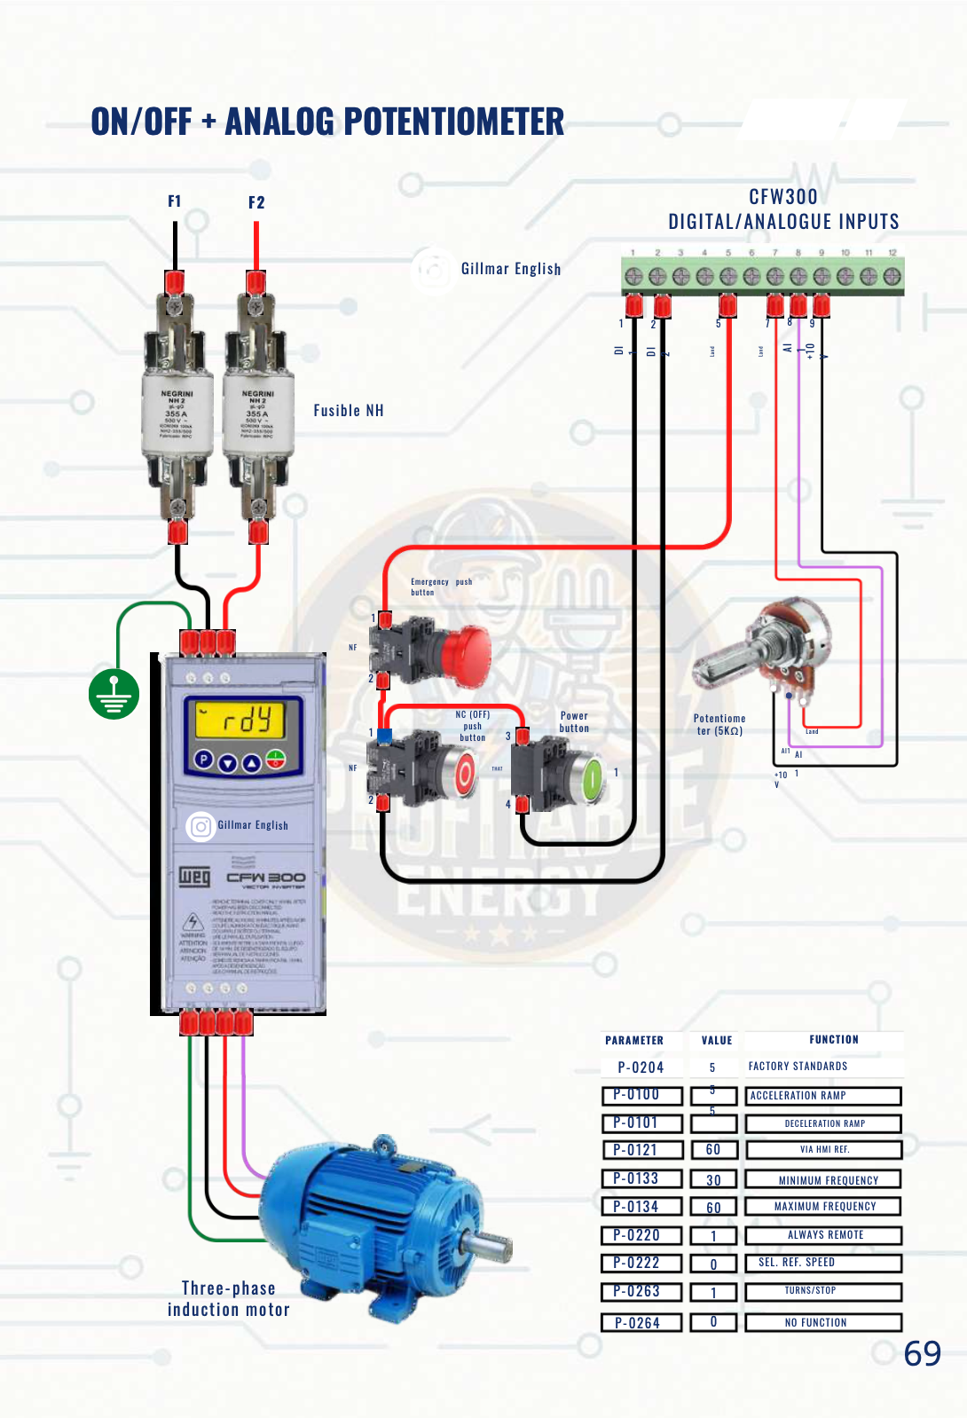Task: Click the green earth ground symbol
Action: click(x=114, y=693)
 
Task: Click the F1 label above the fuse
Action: click(x=175, y=201)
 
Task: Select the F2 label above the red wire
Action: click(x=256, y=202)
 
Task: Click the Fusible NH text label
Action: click(x=349, y=410)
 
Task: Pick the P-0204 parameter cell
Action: click(x=641, y=1067)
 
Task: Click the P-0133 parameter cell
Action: click(x=641, y=1178)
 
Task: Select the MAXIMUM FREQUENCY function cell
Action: click(x=824, y=1206)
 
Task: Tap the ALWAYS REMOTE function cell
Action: click(x=824, y=1234)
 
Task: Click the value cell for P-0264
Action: click(x=713, y=1322)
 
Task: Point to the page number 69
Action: click(x=922, y=1353)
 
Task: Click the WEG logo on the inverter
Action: click(x=195, y=877)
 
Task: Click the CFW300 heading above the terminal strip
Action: click(x=783, y=196)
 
